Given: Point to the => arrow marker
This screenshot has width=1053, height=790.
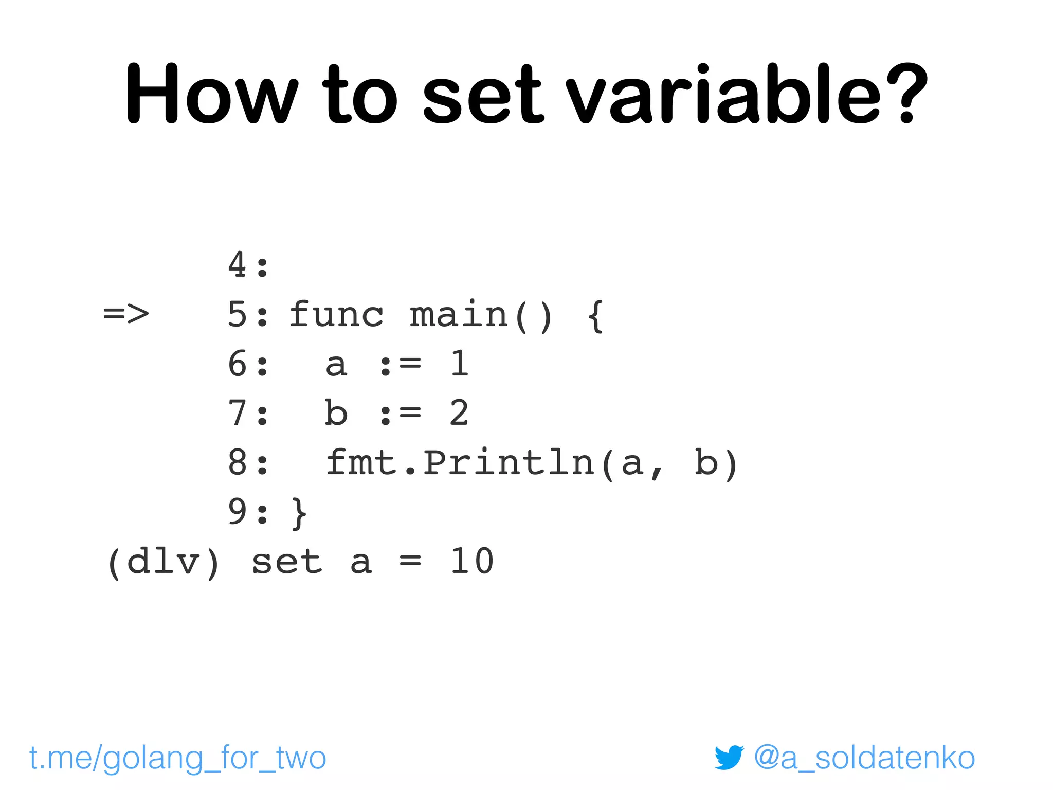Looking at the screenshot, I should (x=126, y=314).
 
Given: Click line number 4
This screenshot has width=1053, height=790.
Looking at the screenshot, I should (x=238, y=265).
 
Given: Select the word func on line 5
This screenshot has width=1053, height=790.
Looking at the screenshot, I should (x=336, y=314).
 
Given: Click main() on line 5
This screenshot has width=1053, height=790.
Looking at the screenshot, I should (x=481, y=315).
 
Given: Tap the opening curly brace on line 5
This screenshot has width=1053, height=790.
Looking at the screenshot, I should (x=595, y=315).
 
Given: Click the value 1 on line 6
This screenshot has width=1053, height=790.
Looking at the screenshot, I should (x=459, y=364).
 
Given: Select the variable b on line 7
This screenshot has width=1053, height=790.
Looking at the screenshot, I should (x=336, y=412).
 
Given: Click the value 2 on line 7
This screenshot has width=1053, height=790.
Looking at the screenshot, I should (x=459, y=412).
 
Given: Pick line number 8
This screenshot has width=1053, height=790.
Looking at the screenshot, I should (x=238, y=462).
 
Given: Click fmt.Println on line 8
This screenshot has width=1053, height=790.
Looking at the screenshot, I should (x=460, y=462).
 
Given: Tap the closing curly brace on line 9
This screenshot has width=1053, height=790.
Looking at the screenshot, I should (x=299, y=512).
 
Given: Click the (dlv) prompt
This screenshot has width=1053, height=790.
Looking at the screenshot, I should (x=164, y=562).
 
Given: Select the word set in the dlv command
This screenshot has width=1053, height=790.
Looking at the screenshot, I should (x=287, y=562).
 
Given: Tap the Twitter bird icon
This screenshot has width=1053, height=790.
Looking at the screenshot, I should (x=729, y=758).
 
